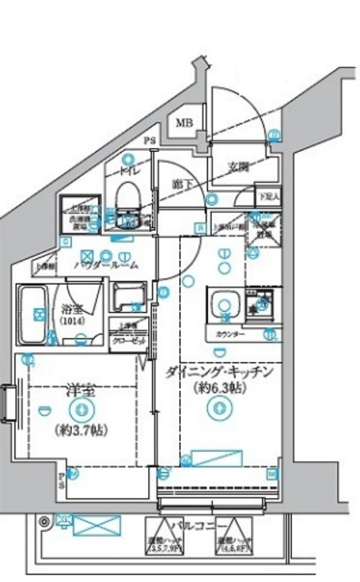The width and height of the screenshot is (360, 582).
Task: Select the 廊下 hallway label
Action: [x=181, y=184]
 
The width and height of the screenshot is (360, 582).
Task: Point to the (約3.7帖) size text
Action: [x=79, y=428]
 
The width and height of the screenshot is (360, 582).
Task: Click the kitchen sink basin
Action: [x=221, y=302]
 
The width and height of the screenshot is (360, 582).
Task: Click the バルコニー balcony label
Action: [x=190, y=527]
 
